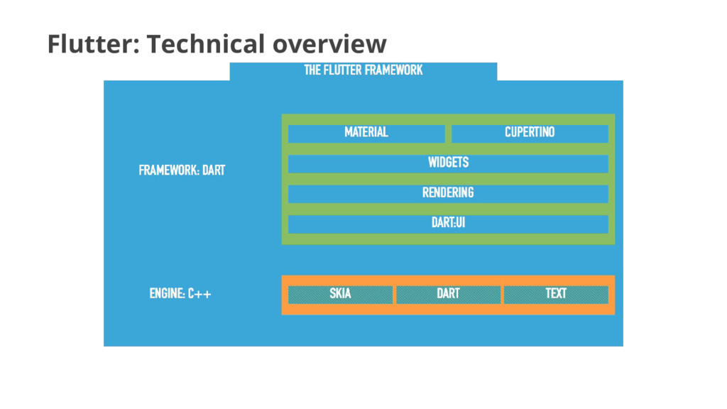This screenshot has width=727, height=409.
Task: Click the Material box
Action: coord(366,133)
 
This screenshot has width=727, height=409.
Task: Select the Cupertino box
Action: coord(530,133)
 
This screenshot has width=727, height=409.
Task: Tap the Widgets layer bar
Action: coord(448,163)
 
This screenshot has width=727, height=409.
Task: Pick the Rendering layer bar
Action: coord(448,193)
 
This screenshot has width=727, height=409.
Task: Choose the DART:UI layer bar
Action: coord(448,223)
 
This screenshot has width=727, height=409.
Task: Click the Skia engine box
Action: coord(340,294)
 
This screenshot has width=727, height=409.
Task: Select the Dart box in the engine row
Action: coord(448,294)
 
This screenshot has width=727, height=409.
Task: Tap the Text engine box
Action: coord(556,294)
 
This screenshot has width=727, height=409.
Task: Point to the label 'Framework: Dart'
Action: coord(182,170)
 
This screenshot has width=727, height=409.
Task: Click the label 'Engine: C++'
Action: coord(180,294)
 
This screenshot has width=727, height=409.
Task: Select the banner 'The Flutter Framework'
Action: coord(363,70)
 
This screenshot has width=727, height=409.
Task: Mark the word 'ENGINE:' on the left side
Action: coord(167,294)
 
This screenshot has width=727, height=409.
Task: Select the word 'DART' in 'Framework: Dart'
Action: coord(214,170)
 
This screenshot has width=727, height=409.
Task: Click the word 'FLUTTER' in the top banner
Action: coord(345,70)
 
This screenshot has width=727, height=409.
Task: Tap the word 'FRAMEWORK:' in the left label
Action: coord(169,170)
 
